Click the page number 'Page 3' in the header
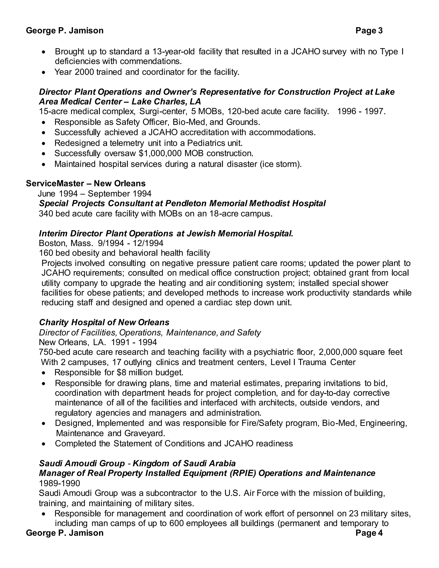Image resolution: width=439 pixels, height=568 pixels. pyautogui.click(x=369, y=31)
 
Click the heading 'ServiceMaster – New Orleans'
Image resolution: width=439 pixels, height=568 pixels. pyautogui.click(x=86, y=183)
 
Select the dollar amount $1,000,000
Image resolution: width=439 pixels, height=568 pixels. pyautogui.click(x=160, y=153)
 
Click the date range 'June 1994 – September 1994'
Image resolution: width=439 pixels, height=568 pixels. pyautogui.click(x=95, y=194)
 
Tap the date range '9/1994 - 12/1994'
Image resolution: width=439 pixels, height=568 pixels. pyautogui.click(x=131, y=243)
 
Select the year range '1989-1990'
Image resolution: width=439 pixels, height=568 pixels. pyautogui.click(x=59, y=483)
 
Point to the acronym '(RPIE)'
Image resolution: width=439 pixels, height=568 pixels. pyautogui.click(x=243, y=473)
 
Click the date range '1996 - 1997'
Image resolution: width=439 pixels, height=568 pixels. pyautogui.click(x=361, y=111)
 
